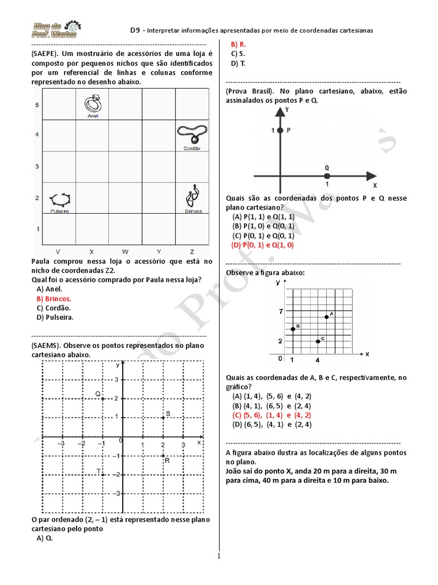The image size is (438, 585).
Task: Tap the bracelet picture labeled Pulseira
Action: point(60,199)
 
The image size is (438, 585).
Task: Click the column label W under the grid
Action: point(125,251)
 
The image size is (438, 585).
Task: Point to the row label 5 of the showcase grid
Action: point(37,106)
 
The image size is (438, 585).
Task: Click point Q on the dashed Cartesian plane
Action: point(103,398)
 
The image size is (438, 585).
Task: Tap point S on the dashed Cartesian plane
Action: point(163,418)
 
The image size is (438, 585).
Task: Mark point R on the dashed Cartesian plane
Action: point(163,455)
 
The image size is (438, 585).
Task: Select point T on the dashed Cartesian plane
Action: point(103,474)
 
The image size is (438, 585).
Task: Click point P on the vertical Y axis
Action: point(280,131)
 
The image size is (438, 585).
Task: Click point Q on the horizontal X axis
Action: point(327,176)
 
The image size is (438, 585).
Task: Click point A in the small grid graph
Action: point(326,316)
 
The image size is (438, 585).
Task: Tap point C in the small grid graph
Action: point(318,341)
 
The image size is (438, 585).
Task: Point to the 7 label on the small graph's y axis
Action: point(281,311)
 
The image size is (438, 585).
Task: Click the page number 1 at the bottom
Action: point(218,556)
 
